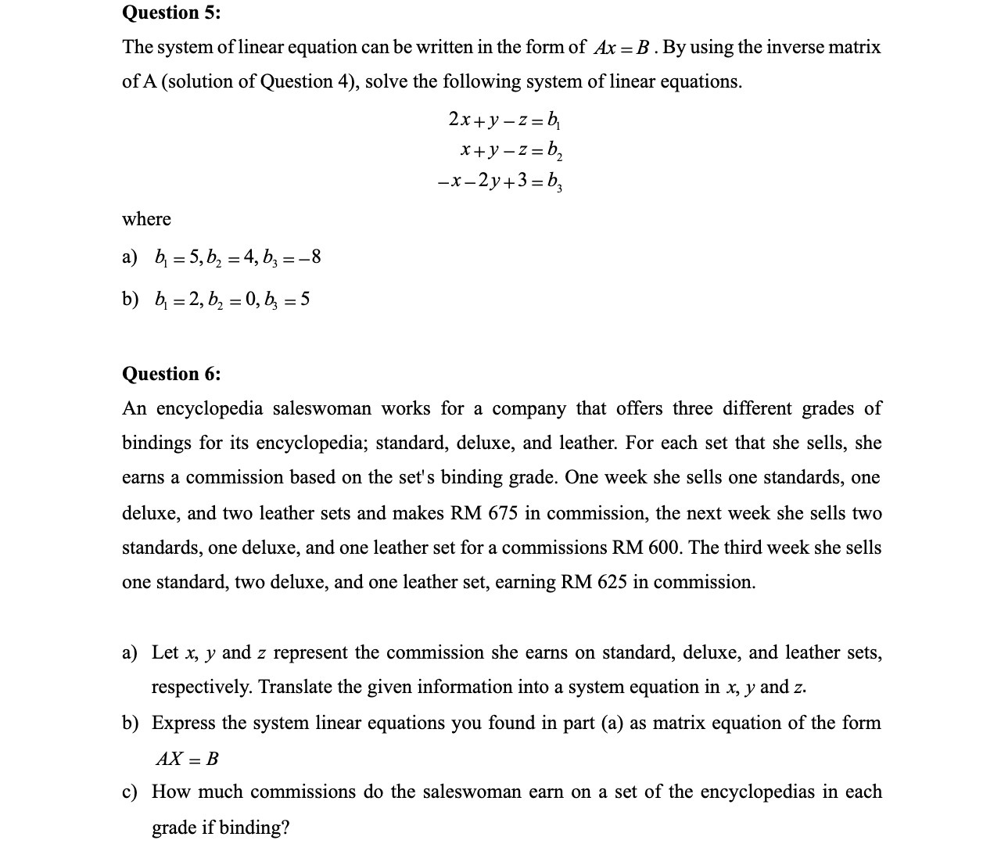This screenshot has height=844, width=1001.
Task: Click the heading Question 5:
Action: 171,13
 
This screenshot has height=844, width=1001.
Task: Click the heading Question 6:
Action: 171,374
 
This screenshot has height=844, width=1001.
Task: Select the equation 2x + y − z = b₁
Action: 504,120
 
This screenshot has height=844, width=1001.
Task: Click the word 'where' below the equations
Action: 146,219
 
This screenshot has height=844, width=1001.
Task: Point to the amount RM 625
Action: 594,583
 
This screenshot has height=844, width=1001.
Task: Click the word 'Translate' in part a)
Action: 296,688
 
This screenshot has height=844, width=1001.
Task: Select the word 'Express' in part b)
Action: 183,723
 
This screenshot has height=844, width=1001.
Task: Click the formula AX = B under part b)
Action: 187,759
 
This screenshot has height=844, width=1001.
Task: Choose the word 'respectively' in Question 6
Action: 201,688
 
